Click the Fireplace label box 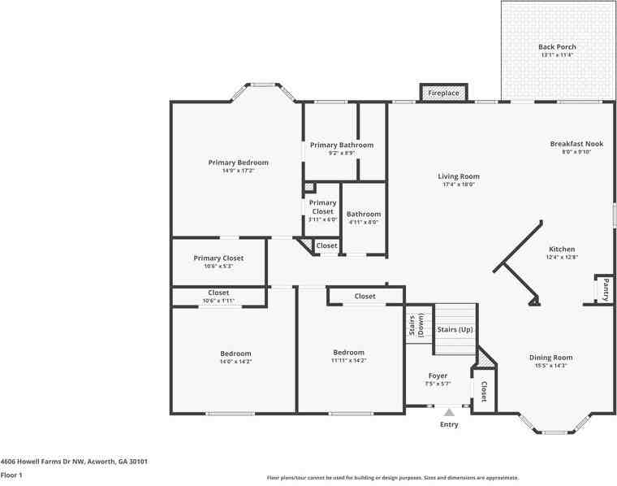tap(443, 93)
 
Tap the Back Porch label tap(557, 47)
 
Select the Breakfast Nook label tap(576, 144)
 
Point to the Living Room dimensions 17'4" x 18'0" tap(459, 184)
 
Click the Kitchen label tap(562, 250)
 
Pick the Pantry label tap(605, 289)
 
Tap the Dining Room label tap(551, 358)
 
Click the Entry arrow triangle tap(449, 413)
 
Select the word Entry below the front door tap(449, 424)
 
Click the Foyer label tap(438, 375)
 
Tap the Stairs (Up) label tap(455, 329)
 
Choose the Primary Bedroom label tap(238, 163)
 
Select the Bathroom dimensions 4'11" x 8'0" tap(363, 223)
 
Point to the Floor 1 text tap(11, 475)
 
